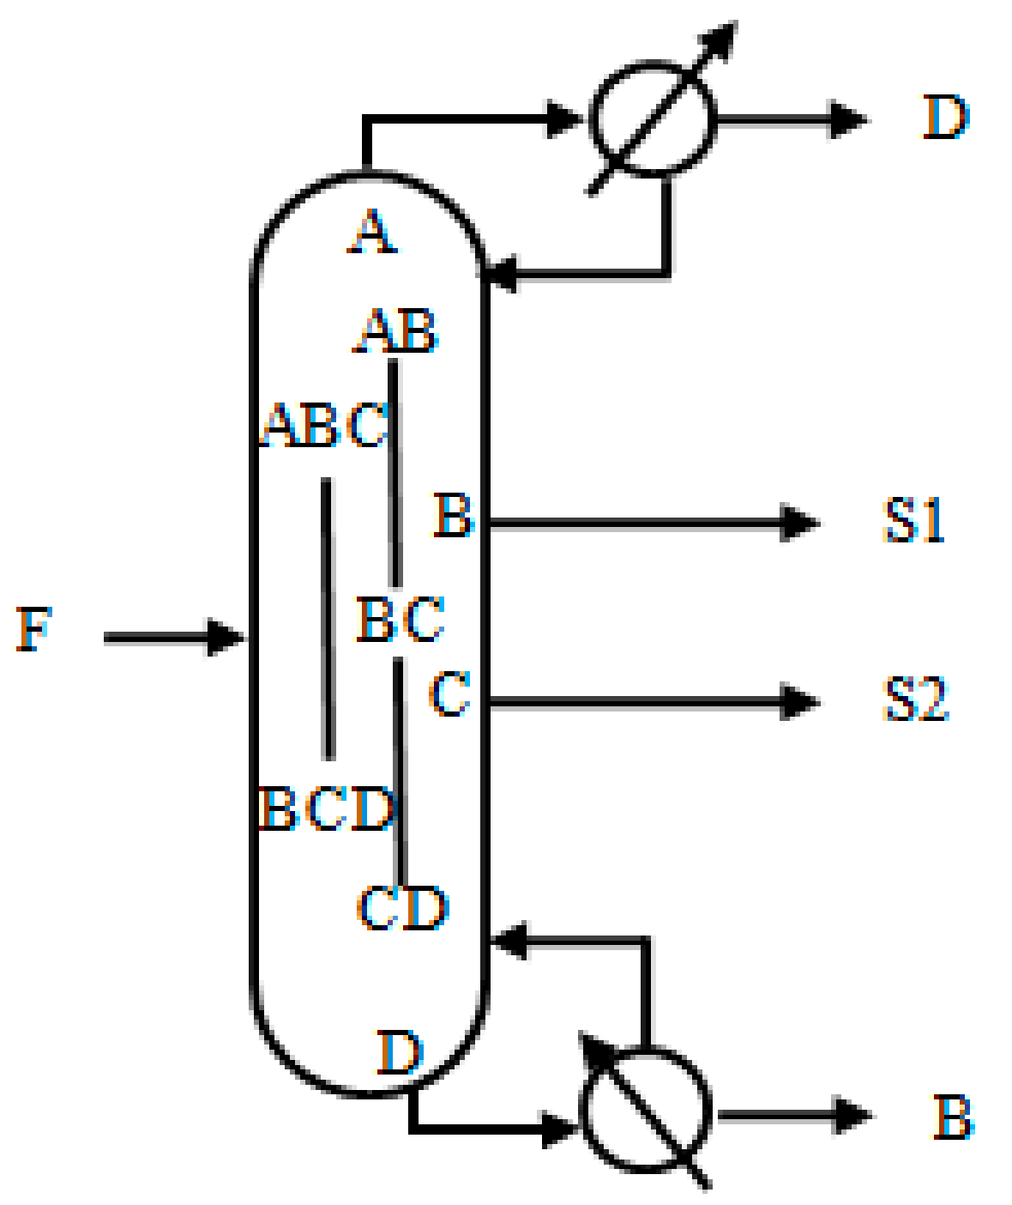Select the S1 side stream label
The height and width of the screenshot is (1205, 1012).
coord(913,520)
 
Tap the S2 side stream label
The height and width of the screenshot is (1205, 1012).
coord(915,699)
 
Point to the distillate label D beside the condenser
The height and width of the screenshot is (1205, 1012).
coord(945,118)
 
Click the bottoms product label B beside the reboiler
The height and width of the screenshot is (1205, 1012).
coord(953,1117)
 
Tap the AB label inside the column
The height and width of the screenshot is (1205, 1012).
coord(396,332)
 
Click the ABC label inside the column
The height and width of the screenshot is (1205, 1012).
coord(325,426)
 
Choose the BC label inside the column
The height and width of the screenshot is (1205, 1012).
coord(401,619)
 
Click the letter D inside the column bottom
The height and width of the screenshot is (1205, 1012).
coord(400,1053)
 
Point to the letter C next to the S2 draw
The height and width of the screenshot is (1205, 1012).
coord(449,694)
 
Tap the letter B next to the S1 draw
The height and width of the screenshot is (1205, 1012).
coord(453,515)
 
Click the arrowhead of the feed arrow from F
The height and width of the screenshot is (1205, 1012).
coord(228,638)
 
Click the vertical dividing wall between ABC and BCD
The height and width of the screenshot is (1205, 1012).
coord(327,618)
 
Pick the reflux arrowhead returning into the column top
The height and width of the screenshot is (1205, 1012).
coord(501,274)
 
